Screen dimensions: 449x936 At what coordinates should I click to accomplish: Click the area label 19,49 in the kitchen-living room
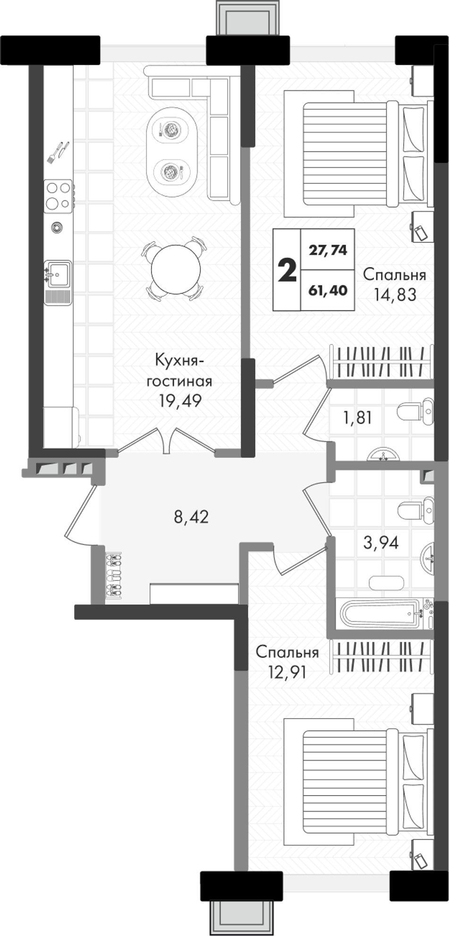click(180, 401)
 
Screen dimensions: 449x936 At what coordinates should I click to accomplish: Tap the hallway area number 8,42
click(191, 517)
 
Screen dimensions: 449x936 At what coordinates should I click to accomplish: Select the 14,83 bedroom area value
click(395, 295)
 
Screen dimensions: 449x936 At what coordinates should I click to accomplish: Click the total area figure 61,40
click(328, 290)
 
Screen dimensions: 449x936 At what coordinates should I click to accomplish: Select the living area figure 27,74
click(328, 250)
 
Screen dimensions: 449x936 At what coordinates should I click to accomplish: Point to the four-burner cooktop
click(58, 196)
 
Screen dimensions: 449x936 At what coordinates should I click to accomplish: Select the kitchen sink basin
click(58, 274)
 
